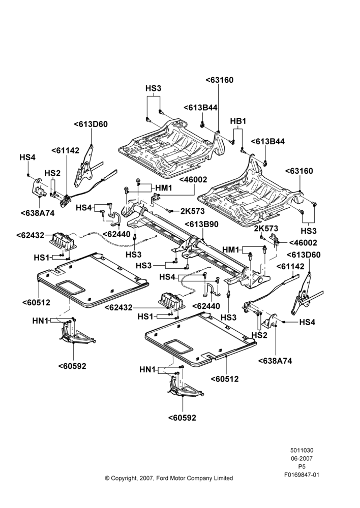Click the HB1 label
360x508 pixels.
pos(238,121)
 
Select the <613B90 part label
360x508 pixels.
pos(201,224)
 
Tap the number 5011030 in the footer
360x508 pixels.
pos(302,450)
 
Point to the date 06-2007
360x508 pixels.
pos(302,458)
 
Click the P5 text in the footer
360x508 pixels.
pos(302,467)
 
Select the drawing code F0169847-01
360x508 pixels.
pos(302,475)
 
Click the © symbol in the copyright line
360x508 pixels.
pos(107,478)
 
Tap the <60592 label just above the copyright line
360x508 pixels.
pos(182,418)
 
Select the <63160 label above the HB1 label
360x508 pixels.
pos(219,80)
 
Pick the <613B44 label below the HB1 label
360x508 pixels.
pos(268,142)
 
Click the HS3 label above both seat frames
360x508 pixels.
pos(153,88)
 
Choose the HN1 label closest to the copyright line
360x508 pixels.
pos(147,369)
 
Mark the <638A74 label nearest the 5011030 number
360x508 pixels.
pos(275,361)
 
